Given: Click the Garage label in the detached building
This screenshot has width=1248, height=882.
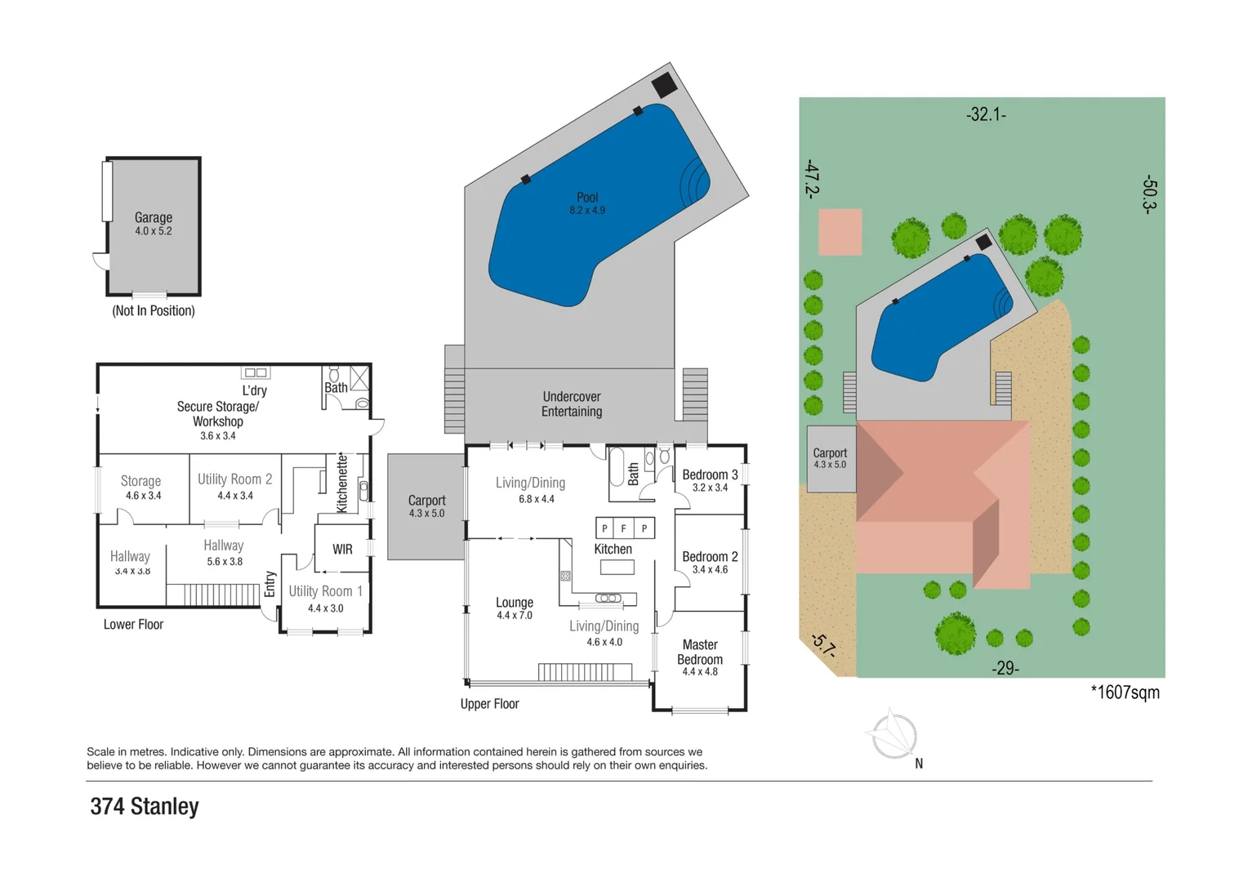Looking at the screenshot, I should tap(154, 217).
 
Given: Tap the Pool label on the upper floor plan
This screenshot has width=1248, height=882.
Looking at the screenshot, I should tap(587, 197).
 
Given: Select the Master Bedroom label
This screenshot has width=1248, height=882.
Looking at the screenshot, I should tap(700, 652).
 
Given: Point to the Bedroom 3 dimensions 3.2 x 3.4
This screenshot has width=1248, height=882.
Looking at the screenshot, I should tap(710, 488).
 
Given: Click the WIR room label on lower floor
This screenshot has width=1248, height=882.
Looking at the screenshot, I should tap(342, 550).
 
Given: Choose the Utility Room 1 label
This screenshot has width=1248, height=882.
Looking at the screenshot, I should tap(325, 591).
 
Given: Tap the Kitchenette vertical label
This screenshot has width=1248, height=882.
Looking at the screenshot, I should tap(342, 483).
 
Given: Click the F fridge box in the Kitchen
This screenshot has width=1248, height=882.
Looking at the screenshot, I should tap(624, 528).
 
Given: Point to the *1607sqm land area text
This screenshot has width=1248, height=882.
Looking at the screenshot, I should tap(1125, 693).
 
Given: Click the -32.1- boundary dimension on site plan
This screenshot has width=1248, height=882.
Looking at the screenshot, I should tap(986, 114).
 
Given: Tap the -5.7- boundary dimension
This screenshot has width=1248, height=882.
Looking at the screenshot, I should tap(823, 645).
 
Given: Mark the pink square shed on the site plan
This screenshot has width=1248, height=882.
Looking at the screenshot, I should tap(840, 232).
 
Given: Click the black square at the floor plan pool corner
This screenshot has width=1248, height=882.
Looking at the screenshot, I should tap(664, 85).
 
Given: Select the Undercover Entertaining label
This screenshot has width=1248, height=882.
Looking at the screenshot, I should tap(572, 404).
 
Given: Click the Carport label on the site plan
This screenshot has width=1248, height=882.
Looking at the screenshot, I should tap(830, 452).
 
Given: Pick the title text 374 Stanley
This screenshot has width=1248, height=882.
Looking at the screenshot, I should tap(145, 807).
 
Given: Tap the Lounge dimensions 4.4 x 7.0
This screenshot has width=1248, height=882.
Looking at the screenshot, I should tap(515, 616).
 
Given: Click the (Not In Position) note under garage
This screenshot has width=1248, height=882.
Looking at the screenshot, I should tap(154, 311).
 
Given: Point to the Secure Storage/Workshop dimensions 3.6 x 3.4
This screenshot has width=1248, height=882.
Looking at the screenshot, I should tap(218, 436).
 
